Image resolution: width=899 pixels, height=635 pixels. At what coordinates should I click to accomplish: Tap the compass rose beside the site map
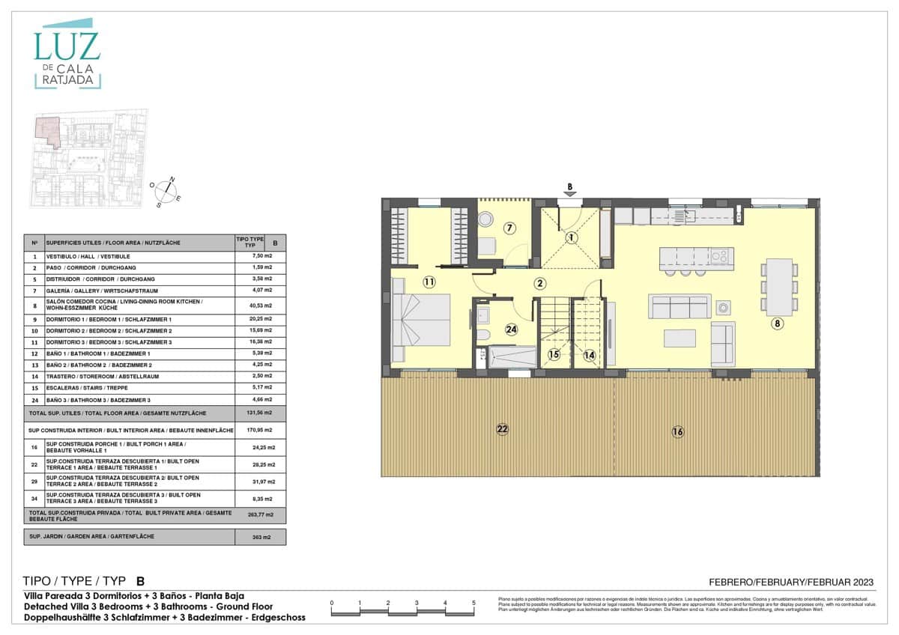pos(166,190)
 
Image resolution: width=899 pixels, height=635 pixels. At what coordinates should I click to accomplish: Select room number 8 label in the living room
pos(778,323)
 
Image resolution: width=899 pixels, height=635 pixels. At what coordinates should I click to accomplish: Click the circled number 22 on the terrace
pos(502,429)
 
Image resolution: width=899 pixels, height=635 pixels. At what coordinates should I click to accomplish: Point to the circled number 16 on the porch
pos(677,431)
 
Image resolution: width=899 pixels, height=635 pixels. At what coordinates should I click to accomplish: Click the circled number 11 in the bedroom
pos(429,282)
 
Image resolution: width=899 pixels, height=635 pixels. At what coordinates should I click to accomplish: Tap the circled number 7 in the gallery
pos(509,228)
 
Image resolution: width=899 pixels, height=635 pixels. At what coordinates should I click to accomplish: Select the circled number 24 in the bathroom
pos(512,329)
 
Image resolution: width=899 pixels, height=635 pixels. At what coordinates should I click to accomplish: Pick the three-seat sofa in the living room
pos(679,307)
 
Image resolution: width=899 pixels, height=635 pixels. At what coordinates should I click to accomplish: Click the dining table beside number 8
pos(779,287)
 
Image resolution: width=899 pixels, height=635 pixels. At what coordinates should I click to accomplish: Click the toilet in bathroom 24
pos(483,335)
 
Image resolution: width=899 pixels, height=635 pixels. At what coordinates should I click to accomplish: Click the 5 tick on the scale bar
pos(473,603)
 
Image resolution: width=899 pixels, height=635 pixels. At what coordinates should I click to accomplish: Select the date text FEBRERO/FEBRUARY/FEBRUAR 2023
pos(791,582)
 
